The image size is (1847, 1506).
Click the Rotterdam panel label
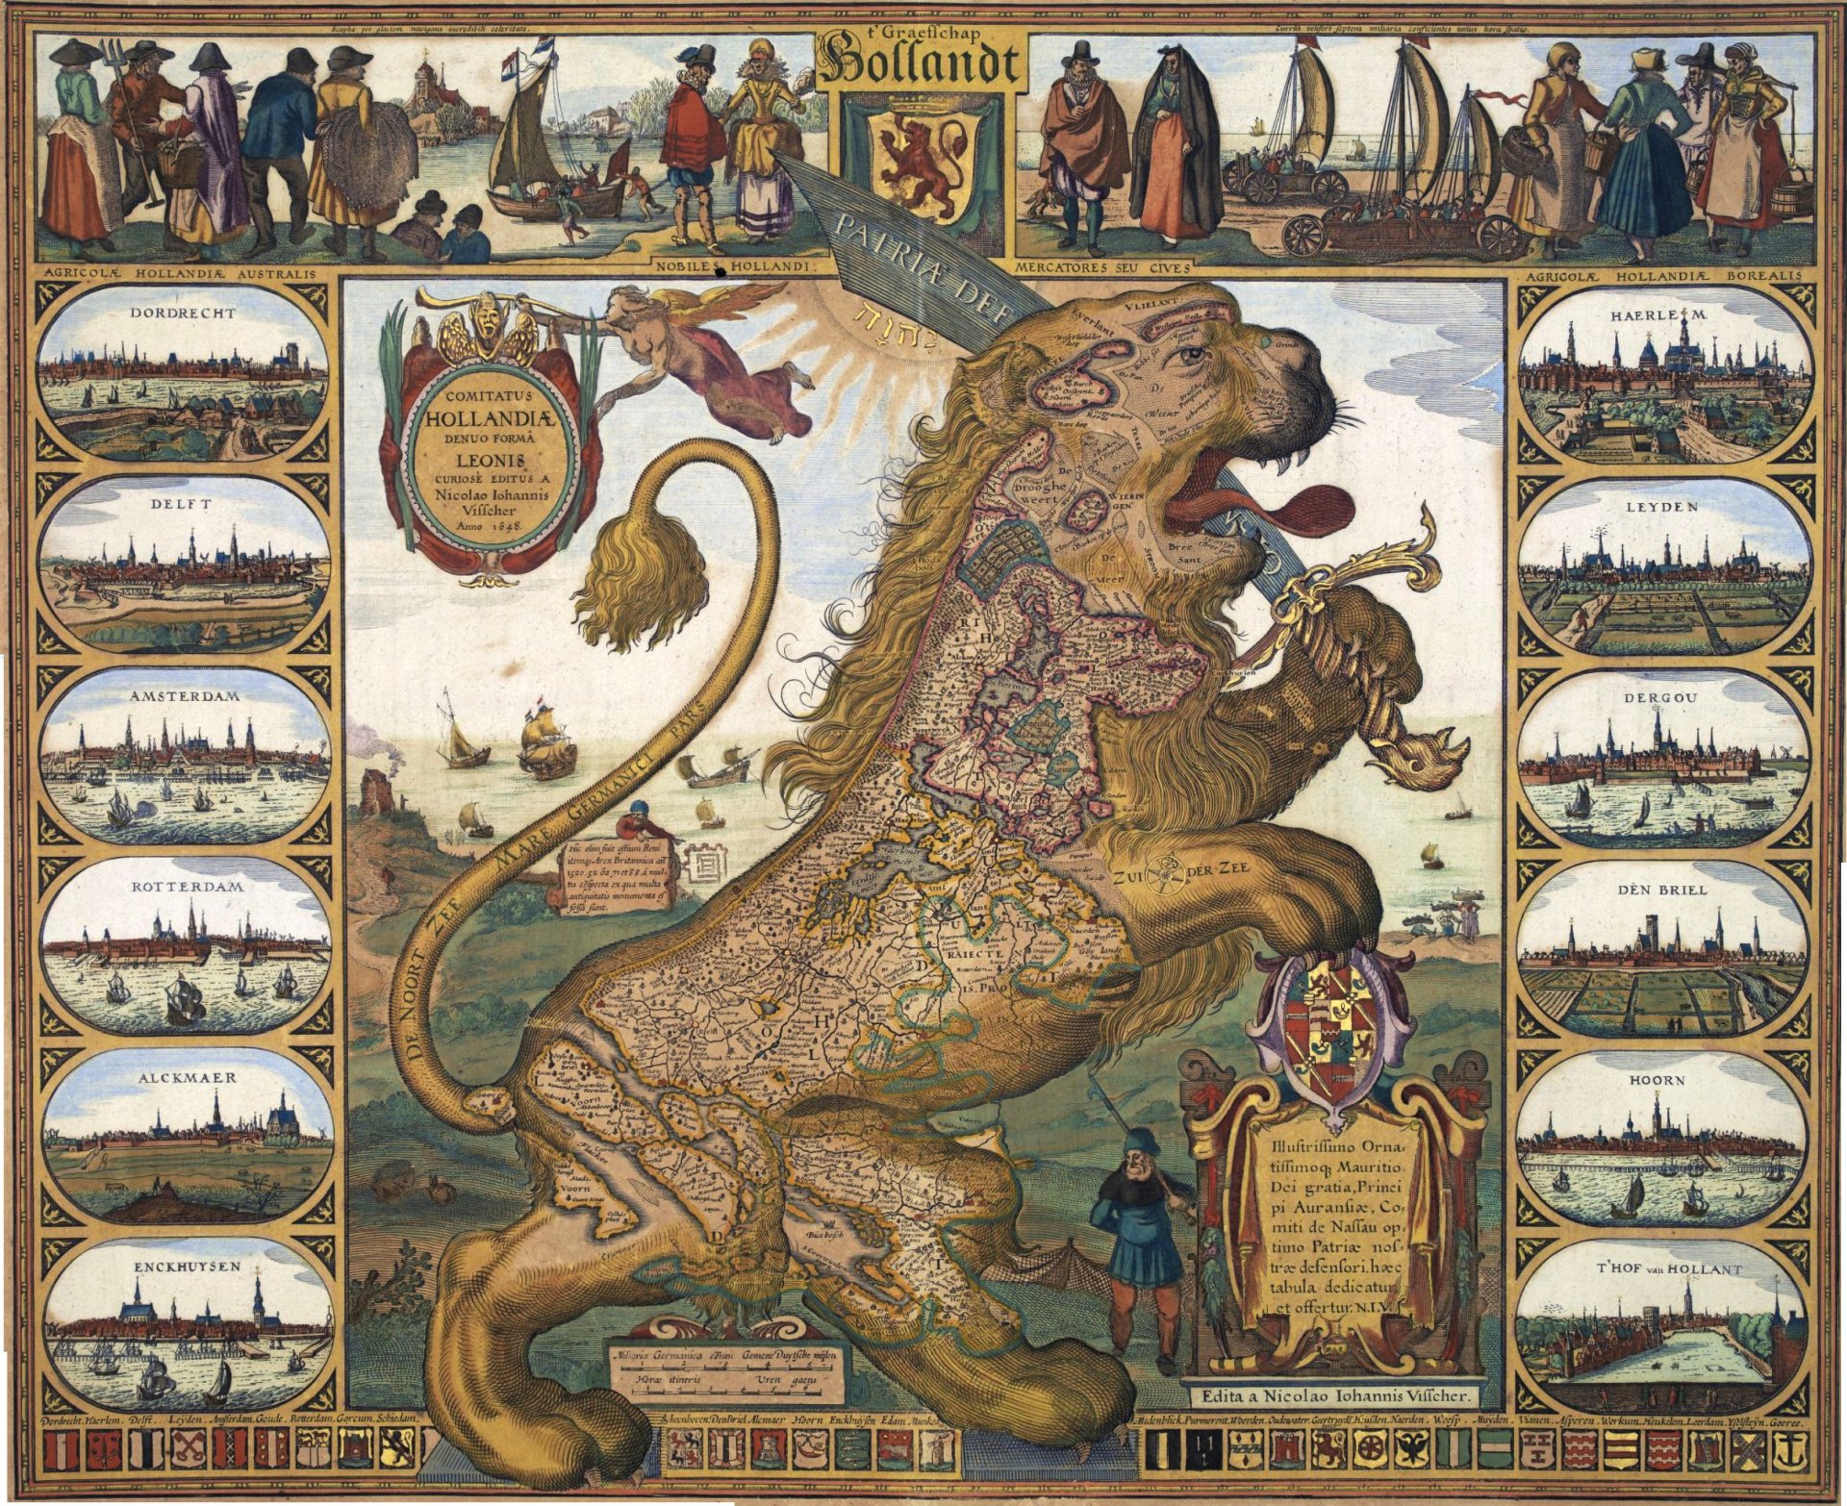coord(185,886)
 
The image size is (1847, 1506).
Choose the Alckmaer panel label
coord(185,1078)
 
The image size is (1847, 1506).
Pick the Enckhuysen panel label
coord(187,1268)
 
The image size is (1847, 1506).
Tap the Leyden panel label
coord(1662,506)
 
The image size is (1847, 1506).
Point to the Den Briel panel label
coord(1662,890)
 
